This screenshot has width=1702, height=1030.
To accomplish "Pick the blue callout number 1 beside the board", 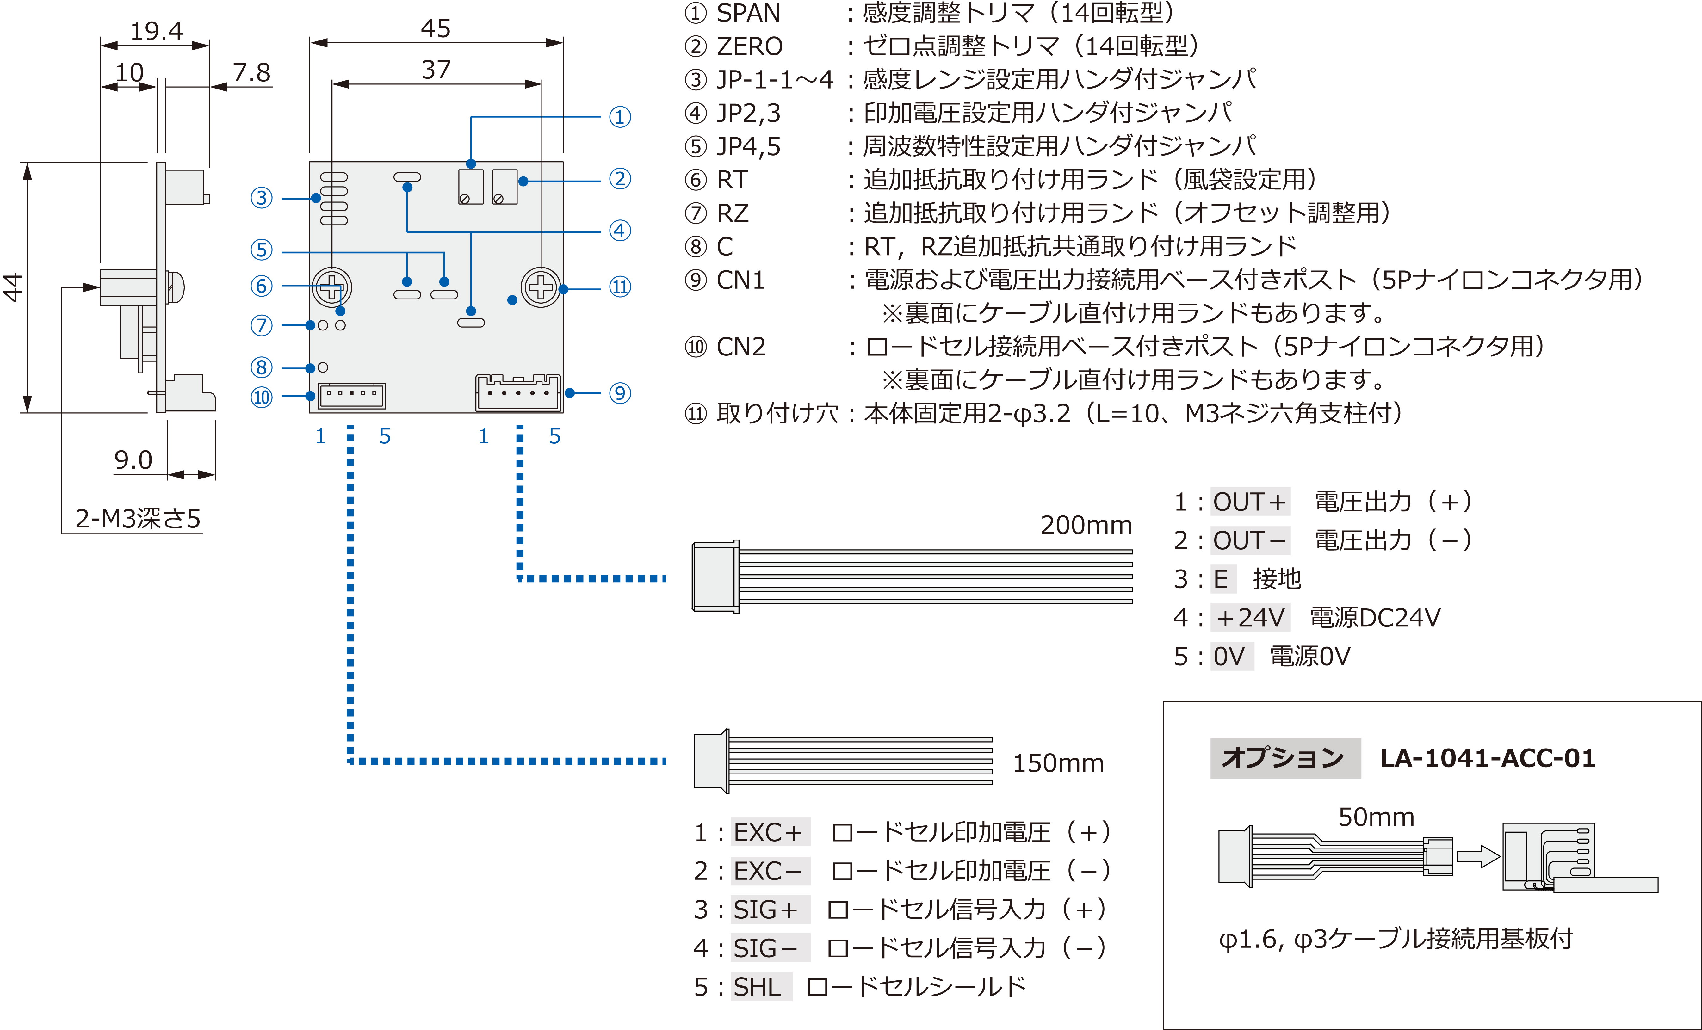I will pyautogui.click(x=620, y=117).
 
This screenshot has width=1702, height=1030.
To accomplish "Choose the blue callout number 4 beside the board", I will pyautogui.click(x=620, y=231).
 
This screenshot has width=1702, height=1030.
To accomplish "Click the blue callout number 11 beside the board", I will pyautogui.click(x=620, y=287).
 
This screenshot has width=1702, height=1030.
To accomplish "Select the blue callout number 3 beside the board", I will pyautogui.click(x=261, y=198).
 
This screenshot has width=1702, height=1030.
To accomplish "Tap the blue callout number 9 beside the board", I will pyautogui.click(x=620, y=394).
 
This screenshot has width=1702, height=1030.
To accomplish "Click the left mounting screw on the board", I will pyautogui.click(x=332, y=287).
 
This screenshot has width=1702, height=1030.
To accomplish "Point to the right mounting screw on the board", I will pyautogui.click(x=541, y=287).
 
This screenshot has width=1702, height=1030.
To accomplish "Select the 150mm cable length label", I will pyautogui.click(x=1057, y=763).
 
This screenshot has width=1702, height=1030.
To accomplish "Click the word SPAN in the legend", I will pyautogui.click(x=748, y=13).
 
